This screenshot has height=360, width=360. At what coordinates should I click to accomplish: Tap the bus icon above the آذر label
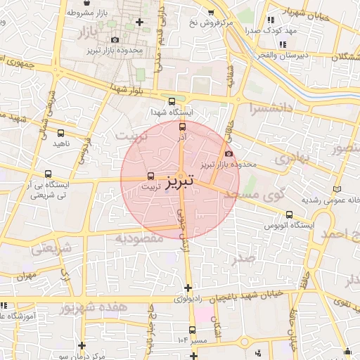point(183,127)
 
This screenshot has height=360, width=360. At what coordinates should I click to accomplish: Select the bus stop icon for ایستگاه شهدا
point(172,101)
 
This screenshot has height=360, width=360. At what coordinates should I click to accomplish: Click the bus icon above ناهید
point(60,133)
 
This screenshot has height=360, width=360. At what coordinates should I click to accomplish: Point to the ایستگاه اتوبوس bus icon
point(289,215)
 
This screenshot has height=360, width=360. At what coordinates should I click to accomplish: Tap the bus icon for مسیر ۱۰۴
point(193,330)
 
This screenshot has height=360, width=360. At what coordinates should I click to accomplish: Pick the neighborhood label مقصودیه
point(139,238)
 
